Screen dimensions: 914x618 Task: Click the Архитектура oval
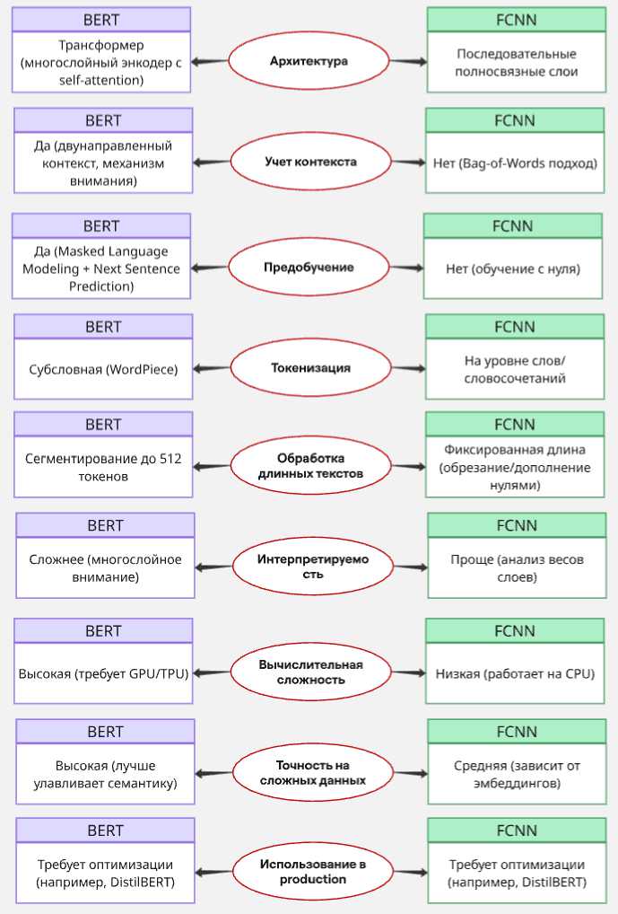309,61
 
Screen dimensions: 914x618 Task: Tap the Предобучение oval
309,268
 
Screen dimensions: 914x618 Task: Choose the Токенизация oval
310,368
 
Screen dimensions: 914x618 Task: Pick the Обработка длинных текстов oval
311,466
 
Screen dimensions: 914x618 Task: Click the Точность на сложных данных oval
311,773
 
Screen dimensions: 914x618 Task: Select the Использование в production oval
312,872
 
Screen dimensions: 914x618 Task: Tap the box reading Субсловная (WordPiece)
103,369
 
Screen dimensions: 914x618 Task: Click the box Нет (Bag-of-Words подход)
515,163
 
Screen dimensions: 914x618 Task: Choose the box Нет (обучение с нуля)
513,268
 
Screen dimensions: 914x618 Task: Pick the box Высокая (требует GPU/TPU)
103,672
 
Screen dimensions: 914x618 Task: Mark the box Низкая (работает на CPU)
515,672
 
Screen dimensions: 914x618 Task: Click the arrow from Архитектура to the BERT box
210,61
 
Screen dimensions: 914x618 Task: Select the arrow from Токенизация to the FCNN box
408,368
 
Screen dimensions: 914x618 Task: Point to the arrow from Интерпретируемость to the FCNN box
410,567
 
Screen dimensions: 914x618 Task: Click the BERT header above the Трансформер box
101,19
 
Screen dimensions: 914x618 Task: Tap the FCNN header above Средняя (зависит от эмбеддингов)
517,731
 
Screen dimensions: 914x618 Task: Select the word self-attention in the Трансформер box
101,80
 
